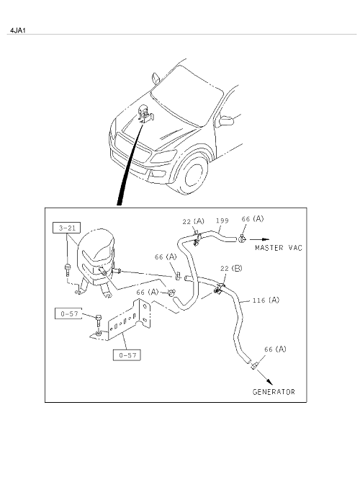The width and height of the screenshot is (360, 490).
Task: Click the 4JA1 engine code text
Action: point(17,30)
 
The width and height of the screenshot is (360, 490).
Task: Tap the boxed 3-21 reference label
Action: point(67,228)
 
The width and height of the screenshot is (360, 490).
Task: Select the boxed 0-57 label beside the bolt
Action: point(68,313)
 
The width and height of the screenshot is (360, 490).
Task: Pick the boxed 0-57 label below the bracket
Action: point(127,355)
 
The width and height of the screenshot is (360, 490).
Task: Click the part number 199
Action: point(222,220)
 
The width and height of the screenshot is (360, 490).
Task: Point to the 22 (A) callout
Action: point(193,221)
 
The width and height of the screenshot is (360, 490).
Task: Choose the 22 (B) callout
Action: point(231,269)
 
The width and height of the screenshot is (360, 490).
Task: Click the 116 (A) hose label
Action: point(266,300)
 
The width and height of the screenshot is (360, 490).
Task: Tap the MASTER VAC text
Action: point(279,248)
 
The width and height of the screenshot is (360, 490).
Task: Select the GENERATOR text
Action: point(274,392)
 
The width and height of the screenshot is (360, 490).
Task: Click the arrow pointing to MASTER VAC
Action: point(259,239)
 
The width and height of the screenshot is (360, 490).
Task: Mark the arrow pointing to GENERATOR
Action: point(265,377)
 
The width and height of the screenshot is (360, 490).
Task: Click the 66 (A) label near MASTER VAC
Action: point(253,219)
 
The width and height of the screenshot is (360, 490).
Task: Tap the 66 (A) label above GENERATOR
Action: point(275,349)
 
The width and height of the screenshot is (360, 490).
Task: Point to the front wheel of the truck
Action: point(195,174)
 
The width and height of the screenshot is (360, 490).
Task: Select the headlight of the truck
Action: point(163,156)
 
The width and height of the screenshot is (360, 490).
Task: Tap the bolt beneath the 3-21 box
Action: point(68,269)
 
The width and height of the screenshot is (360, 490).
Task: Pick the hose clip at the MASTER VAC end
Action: point(243,239)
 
